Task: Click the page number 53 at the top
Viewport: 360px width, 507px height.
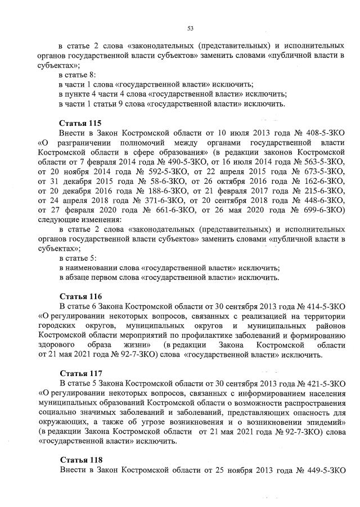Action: coord(190,29)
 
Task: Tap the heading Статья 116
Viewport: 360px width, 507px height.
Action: coord(79,296)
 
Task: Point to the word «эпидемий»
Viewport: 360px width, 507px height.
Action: coord(323,422)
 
